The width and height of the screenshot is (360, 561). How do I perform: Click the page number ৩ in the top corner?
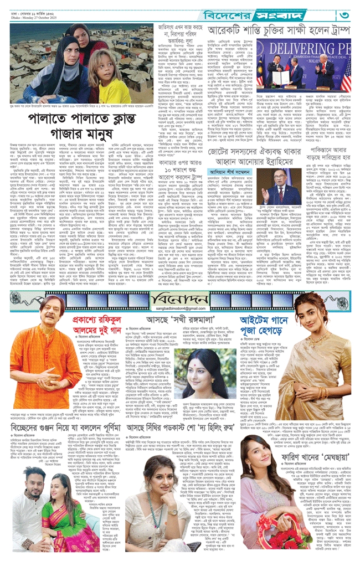click(345, 13)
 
